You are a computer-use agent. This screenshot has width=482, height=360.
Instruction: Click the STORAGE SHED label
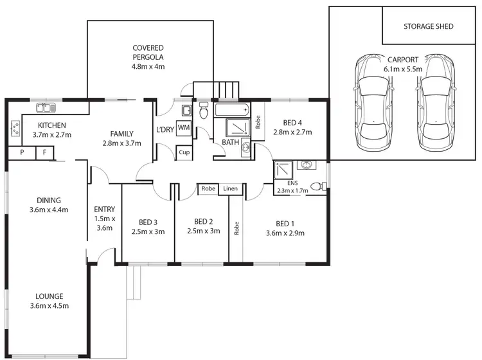pyautogui.click(x=428, y=26)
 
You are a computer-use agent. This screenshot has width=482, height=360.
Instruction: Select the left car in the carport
pyautogui.click(x=372, y=107)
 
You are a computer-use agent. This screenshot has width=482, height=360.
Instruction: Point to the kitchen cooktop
pyautogui.click(x=14, y=129)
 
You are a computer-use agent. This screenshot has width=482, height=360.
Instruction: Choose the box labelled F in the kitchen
pyautogui.click(x=44, y=153)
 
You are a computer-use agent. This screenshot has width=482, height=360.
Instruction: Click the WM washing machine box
pyautogui.click(x=183, y=127)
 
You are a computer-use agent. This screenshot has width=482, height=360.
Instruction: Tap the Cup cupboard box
pyautogui.click(x=184, y=153)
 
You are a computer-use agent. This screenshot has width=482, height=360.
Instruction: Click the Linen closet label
pyautogui.click(x=231, y=188)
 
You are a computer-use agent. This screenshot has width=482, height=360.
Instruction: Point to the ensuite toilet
pyautogui.click(x=317, y=187)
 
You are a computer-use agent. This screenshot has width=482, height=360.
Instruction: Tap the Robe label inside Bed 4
pyautogui.click(x=258, y=122)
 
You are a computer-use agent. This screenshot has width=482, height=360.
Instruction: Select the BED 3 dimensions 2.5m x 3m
pyautogui.click(x=148, y=231)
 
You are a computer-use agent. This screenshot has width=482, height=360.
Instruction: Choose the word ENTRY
pyautogui.click(x=104, y=209)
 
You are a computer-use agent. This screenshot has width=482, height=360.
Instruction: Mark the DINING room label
pyautogui.click(x=49, y=200)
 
